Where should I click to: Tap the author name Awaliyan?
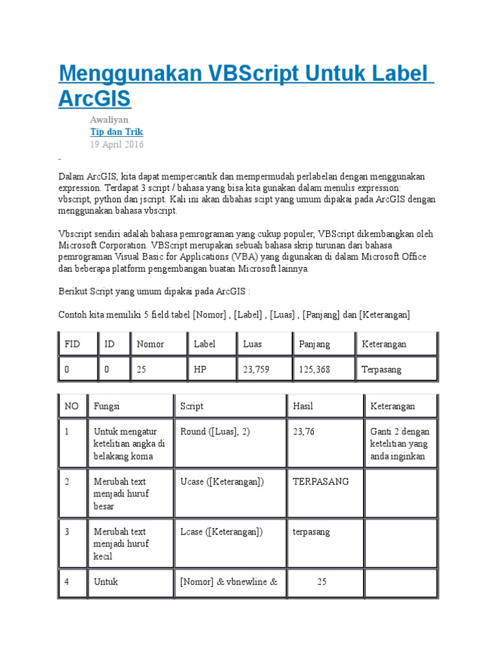(x=108, y=119)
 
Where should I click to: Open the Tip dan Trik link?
(x=116, y=132)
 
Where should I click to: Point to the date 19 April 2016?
(x=116, y=145)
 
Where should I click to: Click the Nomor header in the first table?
(x=150, y=344)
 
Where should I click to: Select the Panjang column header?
(x=315, y=344)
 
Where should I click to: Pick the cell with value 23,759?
(x=256, y=369)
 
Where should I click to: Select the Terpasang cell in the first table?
(x=382, y=369)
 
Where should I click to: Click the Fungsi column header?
(x=107, y=406)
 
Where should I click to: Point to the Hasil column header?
(x=303, y=406)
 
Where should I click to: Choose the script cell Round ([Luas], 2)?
(x=215, y=431)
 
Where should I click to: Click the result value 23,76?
(x=304, y=431)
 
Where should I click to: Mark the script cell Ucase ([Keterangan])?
(x=222, y=482)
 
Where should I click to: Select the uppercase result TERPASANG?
(x=321, y=482)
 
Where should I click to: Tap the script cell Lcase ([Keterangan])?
(x=222, y=532)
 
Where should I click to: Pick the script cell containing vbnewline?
(x=229, y=582)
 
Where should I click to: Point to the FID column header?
(x=72, y=344)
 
